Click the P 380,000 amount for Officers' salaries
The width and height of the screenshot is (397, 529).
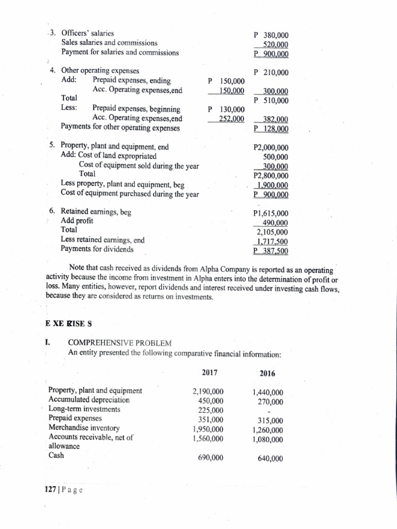271,36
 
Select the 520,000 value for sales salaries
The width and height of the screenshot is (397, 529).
276,44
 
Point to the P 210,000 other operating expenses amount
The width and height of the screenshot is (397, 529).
271,72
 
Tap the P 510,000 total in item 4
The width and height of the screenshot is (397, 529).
271,100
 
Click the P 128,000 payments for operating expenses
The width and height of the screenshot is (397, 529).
271,129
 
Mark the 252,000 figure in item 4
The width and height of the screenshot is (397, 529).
231,119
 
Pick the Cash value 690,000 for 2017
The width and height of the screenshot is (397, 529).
210,458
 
